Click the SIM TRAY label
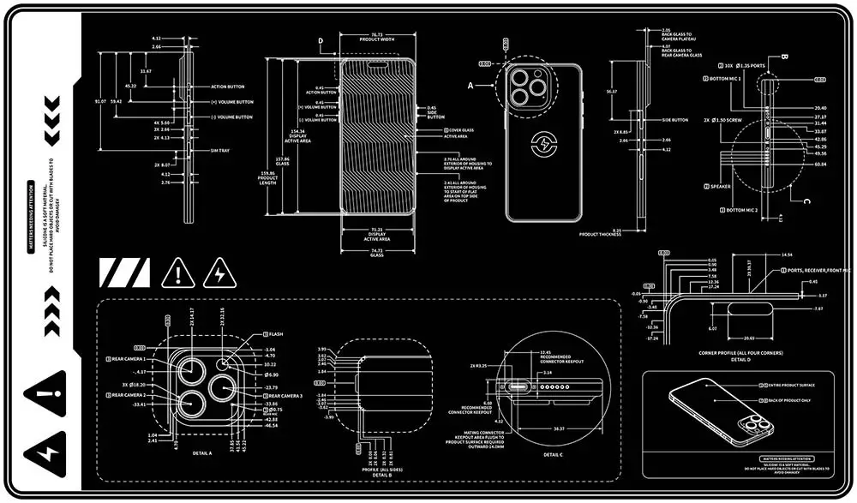point(222,151)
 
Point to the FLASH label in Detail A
point(274,334)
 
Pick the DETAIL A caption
point(201,452)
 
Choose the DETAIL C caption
point(553,456)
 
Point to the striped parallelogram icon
point(124,272)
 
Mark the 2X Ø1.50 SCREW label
point(723,121)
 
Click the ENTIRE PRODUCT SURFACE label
point(787,387)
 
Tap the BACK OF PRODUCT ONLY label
point(785,400)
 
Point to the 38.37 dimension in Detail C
point(559,428)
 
